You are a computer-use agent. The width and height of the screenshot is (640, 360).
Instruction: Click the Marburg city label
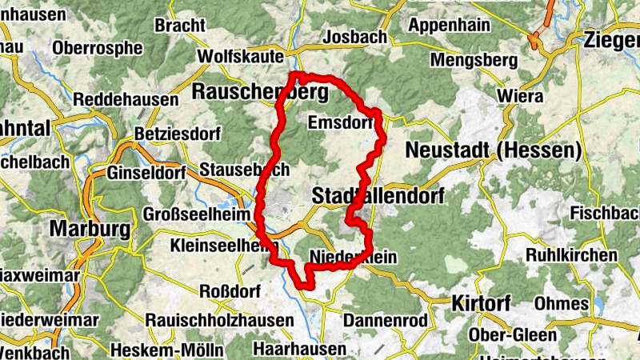tap(90, 230)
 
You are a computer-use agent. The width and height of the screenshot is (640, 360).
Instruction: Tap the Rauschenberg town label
tap(260, 93)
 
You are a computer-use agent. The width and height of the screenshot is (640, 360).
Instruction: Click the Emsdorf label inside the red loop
tap(340, 122)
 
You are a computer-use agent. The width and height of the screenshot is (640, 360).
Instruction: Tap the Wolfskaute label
tap(240, 57)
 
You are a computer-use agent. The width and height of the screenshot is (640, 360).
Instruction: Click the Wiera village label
tap(520, 97)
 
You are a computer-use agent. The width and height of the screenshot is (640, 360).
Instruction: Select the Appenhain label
tap(449, 25)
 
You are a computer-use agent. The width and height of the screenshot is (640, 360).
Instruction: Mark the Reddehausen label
tap(126, 100)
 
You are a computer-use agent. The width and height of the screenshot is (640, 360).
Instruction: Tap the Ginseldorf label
tap(146, 173)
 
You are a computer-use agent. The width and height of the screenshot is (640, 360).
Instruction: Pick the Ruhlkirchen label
tap(571, 255)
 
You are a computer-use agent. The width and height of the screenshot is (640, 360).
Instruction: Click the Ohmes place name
tap(561, 304)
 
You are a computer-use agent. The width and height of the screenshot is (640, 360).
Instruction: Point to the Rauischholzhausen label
tap(219, 320)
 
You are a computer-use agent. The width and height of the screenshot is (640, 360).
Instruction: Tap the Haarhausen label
tap(299, 349)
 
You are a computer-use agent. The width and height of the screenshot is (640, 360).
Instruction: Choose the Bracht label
tap(180, 26)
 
